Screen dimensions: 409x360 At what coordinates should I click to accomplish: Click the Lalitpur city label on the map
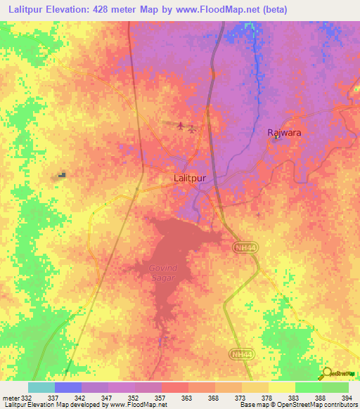coord(190,178)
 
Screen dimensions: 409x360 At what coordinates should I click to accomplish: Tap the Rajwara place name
coord(278,132)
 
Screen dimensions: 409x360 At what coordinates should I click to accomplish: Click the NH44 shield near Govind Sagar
coord(242,248)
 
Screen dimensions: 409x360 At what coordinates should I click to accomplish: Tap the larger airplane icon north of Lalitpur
coord(182,126)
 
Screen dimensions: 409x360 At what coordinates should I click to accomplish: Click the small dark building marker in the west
coord(63,175)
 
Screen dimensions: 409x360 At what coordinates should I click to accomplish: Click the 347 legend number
coord(107,397)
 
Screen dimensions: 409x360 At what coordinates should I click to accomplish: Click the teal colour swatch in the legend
coord(41,387)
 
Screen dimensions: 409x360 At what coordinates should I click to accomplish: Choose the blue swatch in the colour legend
coord(68,387)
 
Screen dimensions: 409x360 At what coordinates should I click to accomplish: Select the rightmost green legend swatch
coord(335,387)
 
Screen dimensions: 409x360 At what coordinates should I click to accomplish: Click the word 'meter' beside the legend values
coord(10,397)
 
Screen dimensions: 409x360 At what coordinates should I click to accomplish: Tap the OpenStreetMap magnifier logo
coord(328,373)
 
